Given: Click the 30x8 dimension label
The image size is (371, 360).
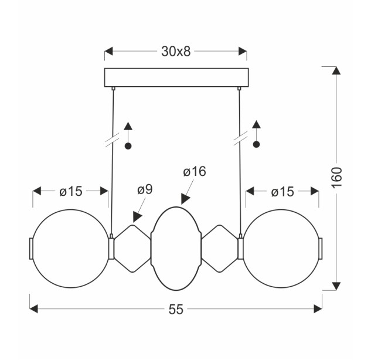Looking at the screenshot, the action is (x=176, y=52).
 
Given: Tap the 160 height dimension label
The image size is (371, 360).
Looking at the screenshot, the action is (x=336, y=178).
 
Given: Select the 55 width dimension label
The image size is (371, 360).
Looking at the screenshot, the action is (x=176, y=309).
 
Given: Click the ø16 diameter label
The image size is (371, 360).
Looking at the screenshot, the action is (x=195, y=171).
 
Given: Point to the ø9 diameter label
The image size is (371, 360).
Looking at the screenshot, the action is (x=145, y=189).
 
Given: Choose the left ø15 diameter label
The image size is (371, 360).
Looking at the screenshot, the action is (x=71, y=191).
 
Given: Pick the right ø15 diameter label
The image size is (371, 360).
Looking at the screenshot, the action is (x=282, y=192).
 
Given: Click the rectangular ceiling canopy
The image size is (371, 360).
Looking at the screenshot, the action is (x=176, y=77).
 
